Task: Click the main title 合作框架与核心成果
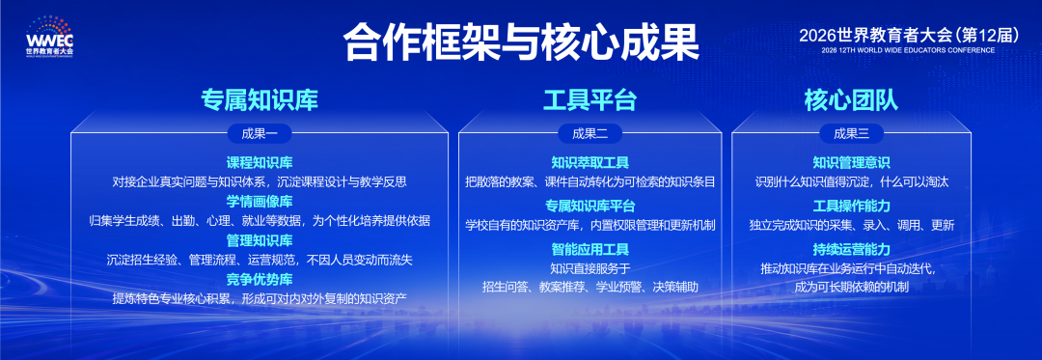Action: [x=521, y=43]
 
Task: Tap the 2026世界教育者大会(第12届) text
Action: [x=909, y=35]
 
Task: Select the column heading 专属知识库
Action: [x=260, y=99]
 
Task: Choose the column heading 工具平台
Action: [x=590, y=99]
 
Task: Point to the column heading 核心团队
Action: [x=851, y=99]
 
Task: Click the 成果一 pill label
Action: [x=260, y=133]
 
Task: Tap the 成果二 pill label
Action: [x=590, y=133]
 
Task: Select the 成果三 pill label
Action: [x=852, y=133]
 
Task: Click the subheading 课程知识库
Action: [x=260, y=163]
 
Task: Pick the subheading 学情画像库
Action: [x=260, y=202]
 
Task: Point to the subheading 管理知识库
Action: [x=260, y=240]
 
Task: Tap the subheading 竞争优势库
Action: [x=260, y=279]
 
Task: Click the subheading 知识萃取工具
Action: [x=590, y=163]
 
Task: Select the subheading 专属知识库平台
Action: [x=590, y=206]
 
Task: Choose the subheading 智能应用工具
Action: [x=590, y=250]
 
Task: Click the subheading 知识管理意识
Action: [x=851, y=163]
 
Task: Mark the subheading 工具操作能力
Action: [x=851, y=206]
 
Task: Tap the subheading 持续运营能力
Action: [x=851, y=250]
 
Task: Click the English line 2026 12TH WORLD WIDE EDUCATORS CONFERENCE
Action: [x=909, y=50]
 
